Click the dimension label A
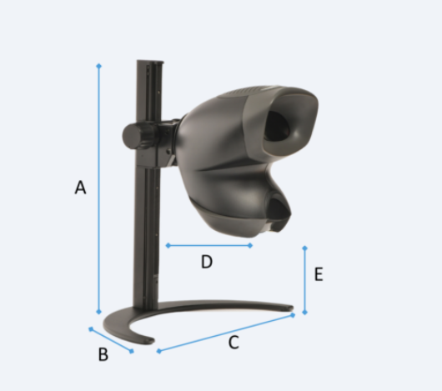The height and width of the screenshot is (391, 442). point(80,188)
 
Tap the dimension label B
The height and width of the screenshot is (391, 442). point(103,354)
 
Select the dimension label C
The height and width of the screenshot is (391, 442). point(234,343)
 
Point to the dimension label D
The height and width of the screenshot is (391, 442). point(207,262)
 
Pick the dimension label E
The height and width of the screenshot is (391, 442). point(319,274)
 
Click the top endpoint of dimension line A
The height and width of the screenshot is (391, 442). point(98,66)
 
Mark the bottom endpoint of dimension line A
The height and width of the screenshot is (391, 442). point(98,312)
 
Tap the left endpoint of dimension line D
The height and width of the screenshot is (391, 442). point(168,245)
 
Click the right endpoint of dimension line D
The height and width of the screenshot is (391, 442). point(250,245)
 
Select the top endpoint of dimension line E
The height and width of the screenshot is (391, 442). point(304,248)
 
